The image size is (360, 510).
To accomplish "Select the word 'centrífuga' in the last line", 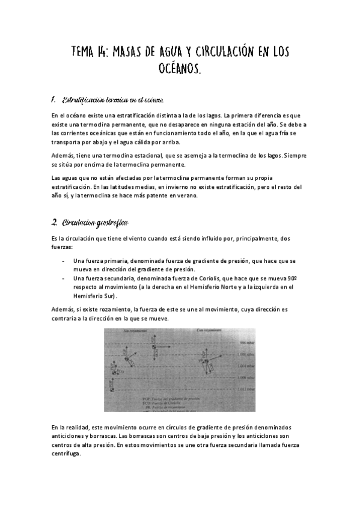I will point(66,454).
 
